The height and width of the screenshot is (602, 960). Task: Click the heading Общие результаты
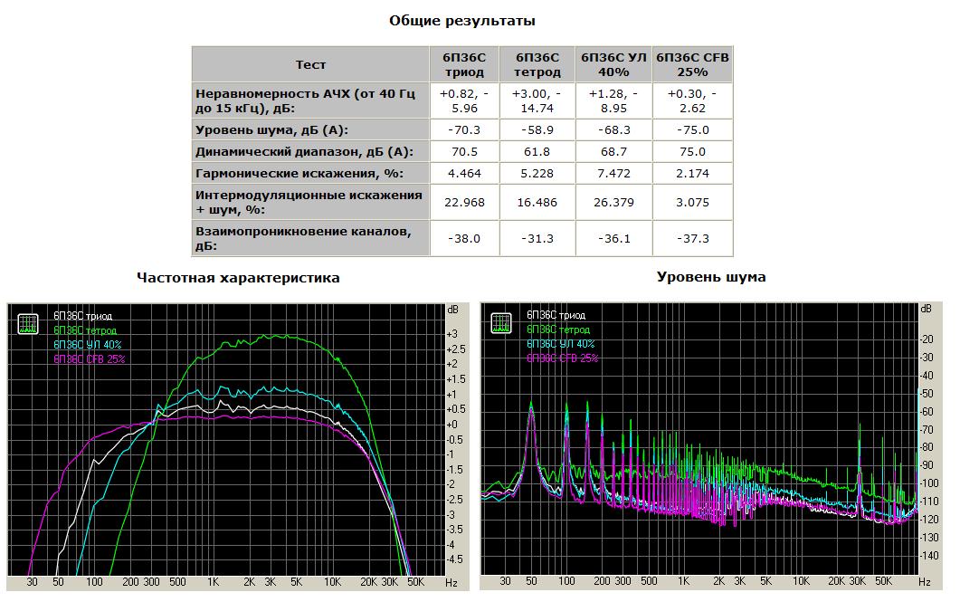pos(461,20)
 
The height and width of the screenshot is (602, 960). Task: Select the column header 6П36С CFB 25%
pos(692,65)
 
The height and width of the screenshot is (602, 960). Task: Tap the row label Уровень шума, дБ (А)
pos(272,130)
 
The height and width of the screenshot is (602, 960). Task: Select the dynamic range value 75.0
pos(692,152)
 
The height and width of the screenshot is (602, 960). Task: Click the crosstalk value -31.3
pos(538,239)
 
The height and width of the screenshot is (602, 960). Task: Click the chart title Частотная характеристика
pos(238,278)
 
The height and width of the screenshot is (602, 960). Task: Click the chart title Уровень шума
pos(711,277)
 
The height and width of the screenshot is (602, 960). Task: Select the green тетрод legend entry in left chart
pos(85,330)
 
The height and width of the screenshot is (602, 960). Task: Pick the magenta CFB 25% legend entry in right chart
pos(563,358)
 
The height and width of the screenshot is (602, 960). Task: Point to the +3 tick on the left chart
pos(451,334)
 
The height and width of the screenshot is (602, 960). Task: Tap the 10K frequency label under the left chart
pos(333,582)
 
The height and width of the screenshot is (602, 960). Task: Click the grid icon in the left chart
pos(28,322)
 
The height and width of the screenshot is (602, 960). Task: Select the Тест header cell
pos(310,65)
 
